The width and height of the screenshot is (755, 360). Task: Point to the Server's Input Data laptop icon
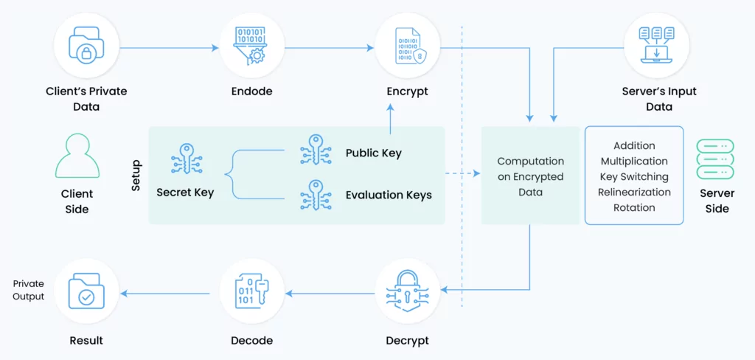click(656, 46)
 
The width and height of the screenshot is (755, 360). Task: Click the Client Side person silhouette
click(77, 156)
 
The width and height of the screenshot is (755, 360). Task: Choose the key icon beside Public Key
click(316, 150)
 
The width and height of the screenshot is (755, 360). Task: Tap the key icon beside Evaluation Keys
click(316, 195)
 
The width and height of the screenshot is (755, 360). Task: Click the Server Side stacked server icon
click(715, 159)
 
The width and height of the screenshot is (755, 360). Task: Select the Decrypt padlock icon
click(407, 291)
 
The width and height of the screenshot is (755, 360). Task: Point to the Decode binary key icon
click(251, 291)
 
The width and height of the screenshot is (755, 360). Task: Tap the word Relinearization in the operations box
click(634, 193)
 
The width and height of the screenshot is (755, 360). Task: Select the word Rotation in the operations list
click(634, 208)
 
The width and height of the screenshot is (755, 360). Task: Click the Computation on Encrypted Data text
click(530, 176)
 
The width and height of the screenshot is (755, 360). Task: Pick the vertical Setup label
click(136, 176)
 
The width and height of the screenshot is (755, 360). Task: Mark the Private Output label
click(29, 290)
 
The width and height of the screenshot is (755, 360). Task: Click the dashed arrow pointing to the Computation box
click(463, 173)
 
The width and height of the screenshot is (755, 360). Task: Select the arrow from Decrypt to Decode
click(330, 293)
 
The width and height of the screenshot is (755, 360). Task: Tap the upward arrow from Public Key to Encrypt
click(390, 120)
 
